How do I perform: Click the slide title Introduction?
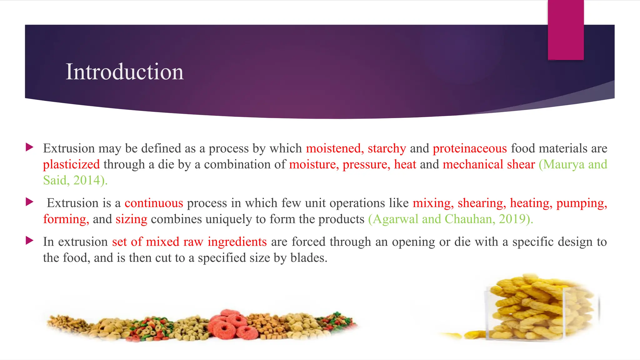pos(124,72)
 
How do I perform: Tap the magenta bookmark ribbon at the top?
pos(566,30)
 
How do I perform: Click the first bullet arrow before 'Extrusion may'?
pos(29,147)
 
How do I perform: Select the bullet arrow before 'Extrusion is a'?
pos(29,202)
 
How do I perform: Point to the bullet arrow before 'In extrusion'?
pos(29,241)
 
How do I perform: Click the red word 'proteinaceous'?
pos(470,148)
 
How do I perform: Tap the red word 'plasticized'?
pos(71,164)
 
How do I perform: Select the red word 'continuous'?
pos(154,203)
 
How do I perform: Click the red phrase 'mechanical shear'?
pos(489,164)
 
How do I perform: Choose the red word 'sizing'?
pos(131,219)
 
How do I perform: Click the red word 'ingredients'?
pos(237,242)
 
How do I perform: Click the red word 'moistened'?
pos(333,148)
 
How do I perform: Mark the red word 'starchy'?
pos(387,148)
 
